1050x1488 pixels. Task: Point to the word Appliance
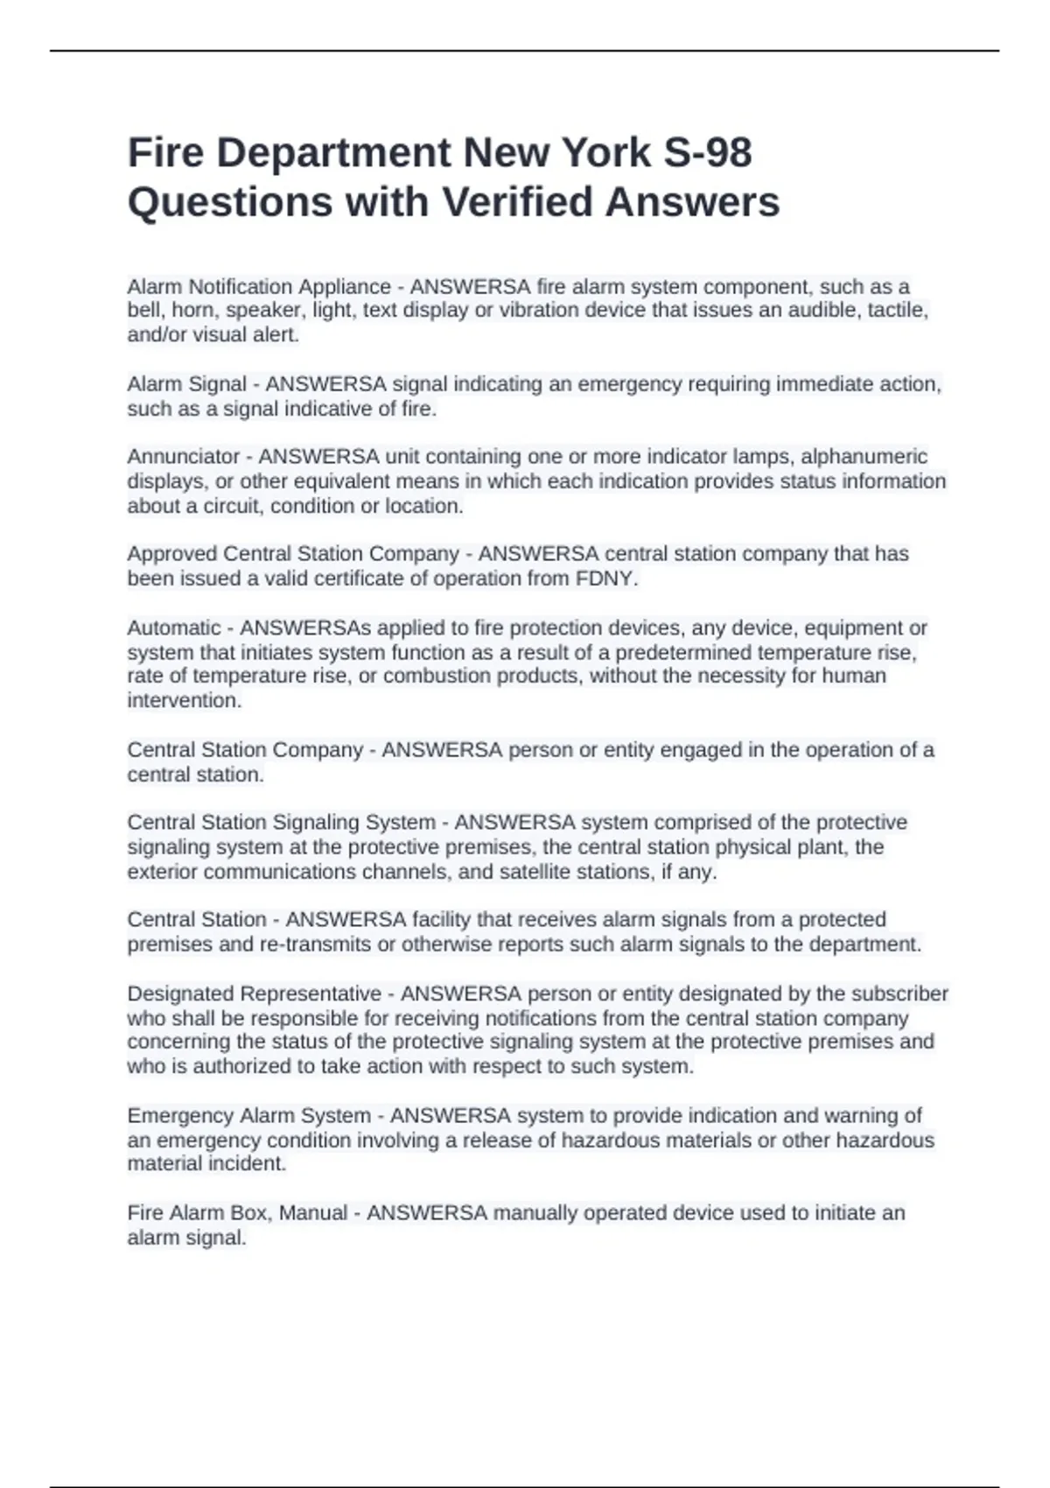[x=345, y=287]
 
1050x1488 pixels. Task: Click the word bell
[x=143, y=311]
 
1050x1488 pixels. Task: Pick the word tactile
[x=896, y=311]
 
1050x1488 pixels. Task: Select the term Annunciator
[x=183, y=457]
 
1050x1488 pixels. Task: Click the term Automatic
[x=174, y=628]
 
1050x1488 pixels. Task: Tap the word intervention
[x=184, y=701]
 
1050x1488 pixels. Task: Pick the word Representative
[x=311, y=994]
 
